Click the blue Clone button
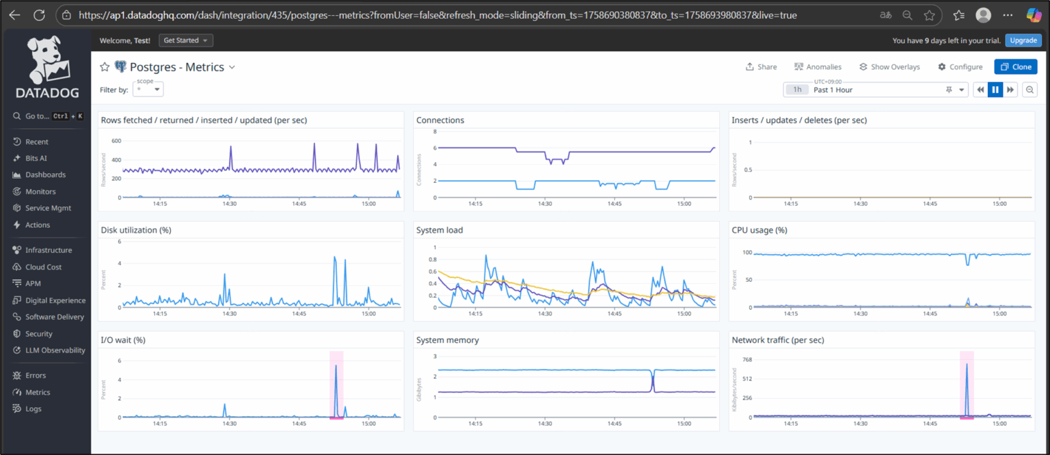point(1015,67)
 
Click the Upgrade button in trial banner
point(1023,40)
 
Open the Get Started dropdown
point(185,40)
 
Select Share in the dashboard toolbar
point(761,67)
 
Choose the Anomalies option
point(818,67)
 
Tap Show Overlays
point(889,67)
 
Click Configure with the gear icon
point(960,67)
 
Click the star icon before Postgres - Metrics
point(105,67)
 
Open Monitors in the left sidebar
point(40,192)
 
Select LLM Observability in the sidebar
point(55,350)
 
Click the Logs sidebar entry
point(33,409)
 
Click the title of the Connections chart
point(440,120)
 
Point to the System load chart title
point(439,231)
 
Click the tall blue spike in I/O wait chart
point(336,367)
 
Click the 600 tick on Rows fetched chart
point(116,141)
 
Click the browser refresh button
point(39,15)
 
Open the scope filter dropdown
point(148,90)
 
